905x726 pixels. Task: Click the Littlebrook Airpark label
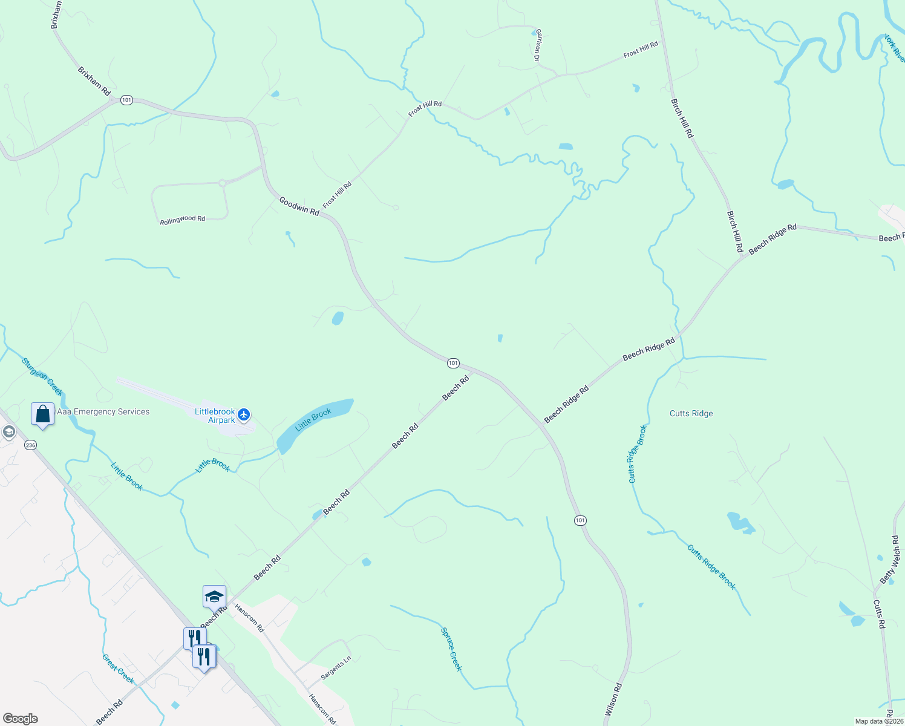pos(215,416)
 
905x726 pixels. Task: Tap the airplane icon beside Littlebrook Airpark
pos(244,414)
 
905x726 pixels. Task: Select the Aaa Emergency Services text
pos(103,411)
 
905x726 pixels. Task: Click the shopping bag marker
pos(42,414)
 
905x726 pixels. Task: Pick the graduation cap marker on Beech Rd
pos(214,597)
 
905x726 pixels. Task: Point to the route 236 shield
pos(30,445)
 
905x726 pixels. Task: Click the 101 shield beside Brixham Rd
pos(126,100)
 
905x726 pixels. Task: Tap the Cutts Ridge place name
pos(691,413)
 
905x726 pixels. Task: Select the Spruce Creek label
pos(451,649)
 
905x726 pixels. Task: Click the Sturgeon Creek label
pos(42,376)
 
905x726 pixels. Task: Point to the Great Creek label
pos(118,669)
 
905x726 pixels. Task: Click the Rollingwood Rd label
pos(182,220)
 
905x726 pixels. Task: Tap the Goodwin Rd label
pos(299,206)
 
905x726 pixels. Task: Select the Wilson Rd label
pos(613,699)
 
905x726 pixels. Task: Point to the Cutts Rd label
pos(879,614)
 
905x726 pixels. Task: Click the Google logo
pos(20,719)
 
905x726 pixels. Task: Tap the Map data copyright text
pos(878,721)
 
